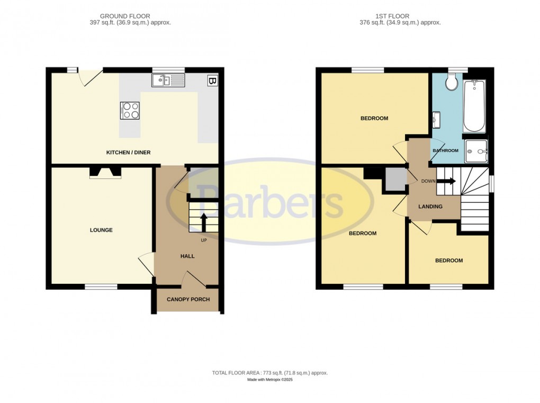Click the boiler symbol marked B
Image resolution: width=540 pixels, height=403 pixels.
212,81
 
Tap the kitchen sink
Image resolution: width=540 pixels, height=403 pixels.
168,80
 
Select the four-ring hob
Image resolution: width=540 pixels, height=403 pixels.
131,110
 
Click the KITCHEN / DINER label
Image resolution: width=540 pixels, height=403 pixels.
129,153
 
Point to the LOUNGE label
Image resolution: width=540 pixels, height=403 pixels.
101,230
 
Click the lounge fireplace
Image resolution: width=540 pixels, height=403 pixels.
104,172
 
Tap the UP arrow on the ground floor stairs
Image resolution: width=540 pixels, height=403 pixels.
203,222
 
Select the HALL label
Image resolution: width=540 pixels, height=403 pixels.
187,256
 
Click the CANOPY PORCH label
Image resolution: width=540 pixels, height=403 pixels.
188,300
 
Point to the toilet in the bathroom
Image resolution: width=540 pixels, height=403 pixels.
452,82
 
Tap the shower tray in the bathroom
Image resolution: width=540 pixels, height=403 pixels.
476,151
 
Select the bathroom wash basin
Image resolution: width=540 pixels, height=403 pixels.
436,120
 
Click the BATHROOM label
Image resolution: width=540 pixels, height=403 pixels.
445,151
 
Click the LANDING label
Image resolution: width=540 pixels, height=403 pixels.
430,207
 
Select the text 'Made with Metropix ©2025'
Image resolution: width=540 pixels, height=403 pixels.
270,380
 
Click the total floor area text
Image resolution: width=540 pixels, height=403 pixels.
270,373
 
